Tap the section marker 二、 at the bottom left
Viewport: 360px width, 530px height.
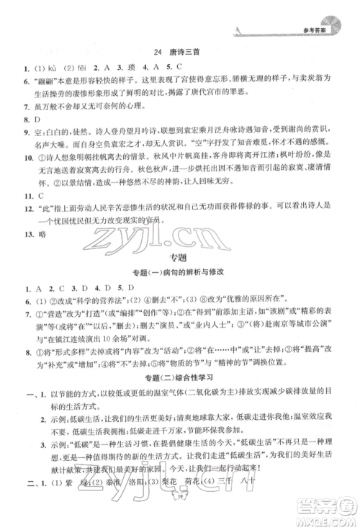17,504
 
